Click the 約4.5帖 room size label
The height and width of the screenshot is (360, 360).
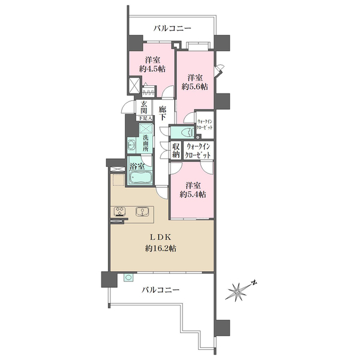(x=152, y=69)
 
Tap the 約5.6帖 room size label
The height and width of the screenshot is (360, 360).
(x=194, y=86)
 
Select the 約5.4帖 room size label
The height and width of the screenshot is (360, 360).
(x=193, y=194)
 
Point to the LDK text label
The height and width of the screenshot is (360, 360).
(x=161, y=237)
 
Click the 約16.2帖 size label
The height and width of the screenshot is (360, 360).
(x=161, y=248)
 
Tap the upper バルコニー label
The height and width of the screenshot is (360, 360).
(x=172, y=28)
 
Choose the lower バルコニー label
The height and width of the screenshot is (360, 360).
(x=160, y=290)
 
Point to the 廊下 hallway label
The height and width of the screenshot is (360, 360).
(x=163, y=113)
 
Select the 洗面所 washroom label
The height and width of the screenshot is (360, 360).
(x=146, y=143)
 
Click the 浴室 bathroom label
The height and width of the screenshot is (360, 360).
(x=137, y=166)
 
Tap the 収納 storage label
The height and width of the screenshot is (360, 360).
(x=176, y=151)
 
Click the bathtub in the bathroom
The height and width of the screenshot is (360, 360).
(x=140, y=178)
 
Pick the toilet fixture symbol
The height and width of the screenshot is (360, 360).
(x=188, y=132)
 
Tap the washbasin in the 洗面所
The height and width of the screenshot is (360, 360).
(x=131, y=146)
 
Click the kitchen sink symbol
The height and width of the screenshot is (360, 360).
(x=142, y=211)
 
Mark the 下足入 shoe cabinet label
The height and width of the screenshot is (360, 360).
(x=145, y=118)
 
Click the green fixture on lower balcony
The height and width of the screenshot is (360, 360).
(x=128, y=277)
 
